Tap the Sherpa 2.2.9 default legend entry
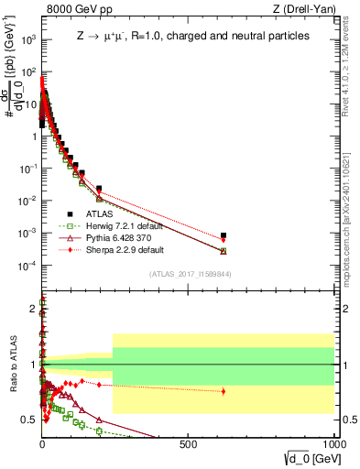(105, 249)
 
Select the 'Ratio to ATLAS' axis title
(12, 364)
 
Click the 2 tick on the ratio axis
(33, 310)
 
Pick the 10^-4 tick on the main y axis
(27, 266)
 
